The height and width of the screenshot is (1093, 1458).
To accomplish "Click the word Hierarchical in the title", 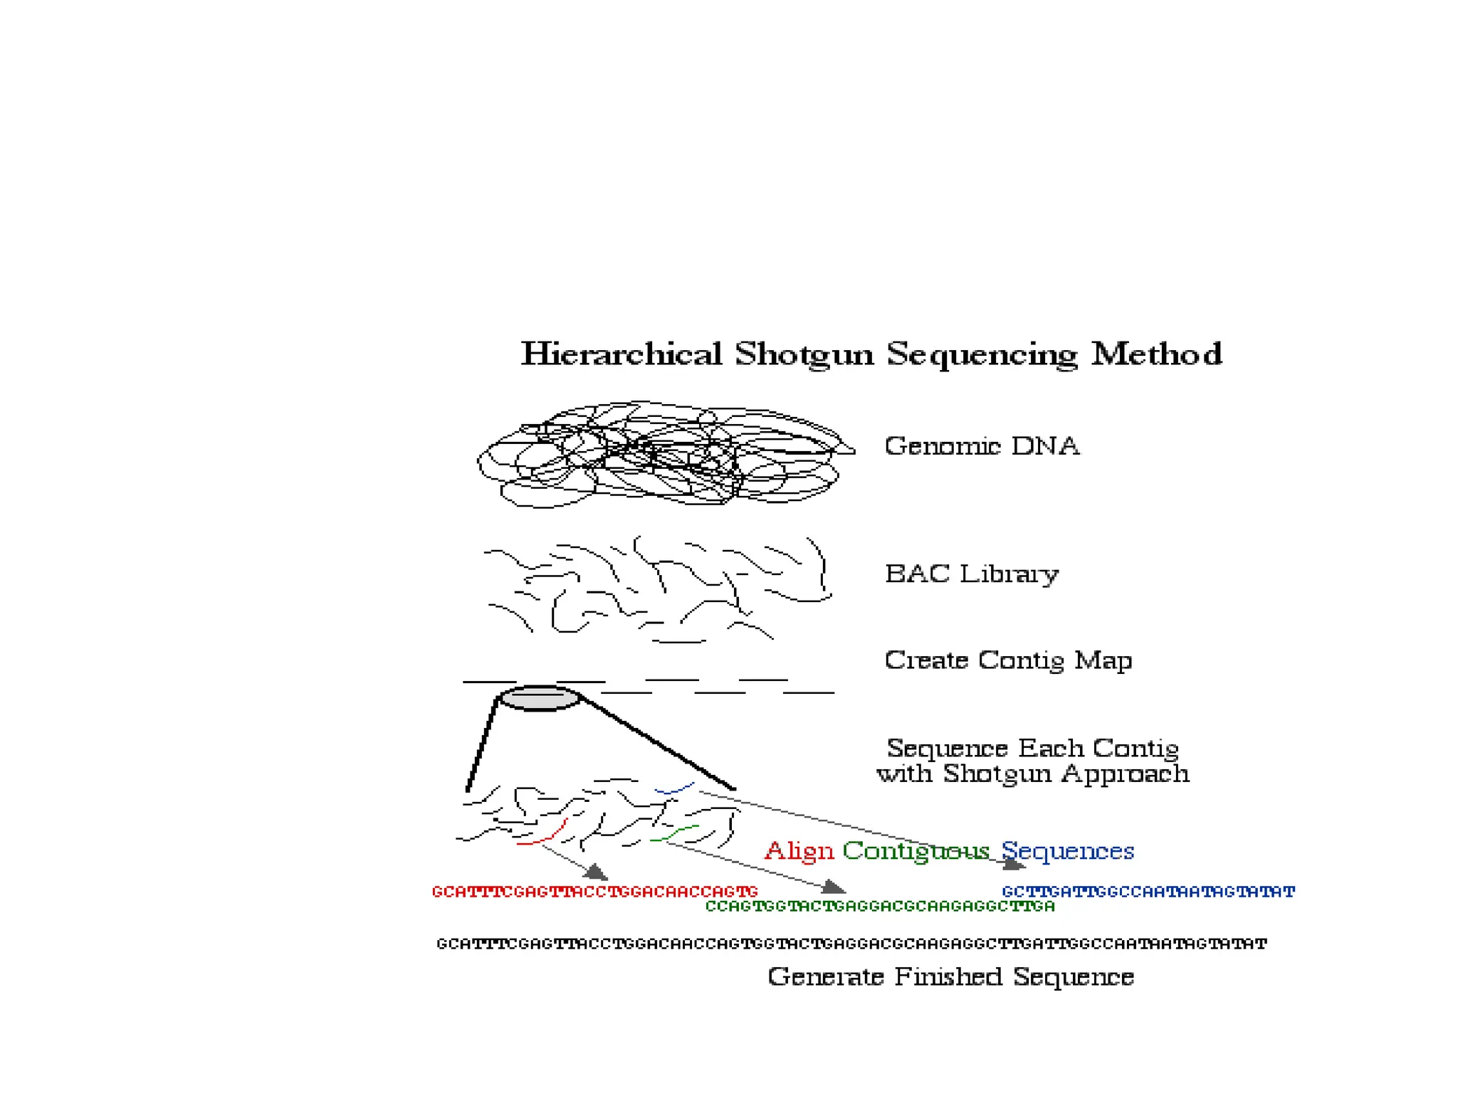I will pos(621,354).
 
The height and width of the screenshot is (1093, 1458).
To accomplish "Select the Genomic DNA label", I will pos(982,446).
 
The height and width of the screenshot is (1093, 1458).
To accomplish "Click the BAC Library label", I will pos(971,574).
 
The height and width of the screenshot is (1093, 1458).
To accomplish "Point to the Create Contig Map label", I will pos(1008,660).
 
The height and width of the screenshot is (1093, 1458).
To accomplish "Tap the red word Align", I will pos(799,851).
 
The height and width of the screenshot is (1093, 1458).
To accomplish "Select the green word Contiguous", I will pos(916,851).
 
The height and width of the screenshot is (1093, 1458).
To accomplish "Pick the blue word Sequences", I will pos(1067,851).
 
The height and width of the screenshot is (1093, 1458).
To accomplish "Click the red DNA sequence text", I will pos(594,892).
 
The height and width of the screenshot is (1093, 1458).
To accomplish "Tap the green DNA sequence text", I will pos(879,907).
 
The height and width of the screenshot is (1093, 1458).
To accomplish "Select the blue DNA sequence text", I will pos(1148,892).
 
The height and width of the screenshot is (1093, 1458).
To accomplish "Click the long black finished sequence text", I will pos(851,944).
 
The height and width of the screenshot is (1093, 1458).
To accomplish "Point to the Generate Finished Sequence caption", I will pos(950,977).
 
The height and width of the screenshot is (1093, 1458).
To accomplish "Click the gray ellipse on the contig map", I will pos(540,698).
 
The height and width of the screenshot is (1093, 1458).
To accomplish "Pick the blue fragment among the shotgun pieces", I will pos(673,789).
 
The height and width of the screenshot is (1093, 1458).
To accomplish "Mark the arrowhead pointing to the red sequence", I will pos(596,872).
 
